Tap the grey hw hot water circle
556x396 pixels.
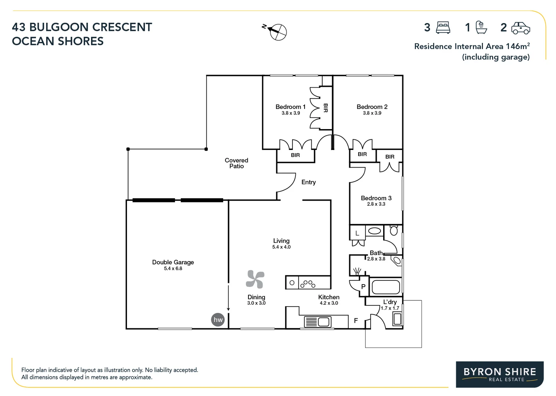[x=218, y=319]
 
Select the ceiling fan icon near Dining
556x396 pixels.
[x=255, y=279]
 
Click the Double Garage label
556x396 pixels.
[x=173, y=262]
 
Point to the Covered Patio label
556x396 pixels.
[x=236, y=163]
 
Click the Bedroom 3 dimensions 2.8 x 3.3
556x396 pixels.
[x=376, y=204]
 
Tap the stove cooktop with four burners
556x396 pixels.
[x=308, y=283]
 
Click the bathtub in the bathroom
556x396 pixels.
[x=386, y=287]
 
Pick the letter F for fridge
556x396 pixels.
[x=356, y=321]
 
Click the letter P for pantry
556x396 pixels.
[x=363, y=287]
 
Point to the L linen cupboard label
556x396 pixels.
[x=357, y=233]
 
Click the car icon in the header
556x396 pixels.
[x=521, y=28]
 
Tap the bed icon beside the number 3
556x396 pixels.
[x=443, y=28]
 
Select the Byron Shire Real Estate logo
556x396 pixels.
[x=499, y=374]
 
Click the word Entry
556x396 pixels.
[x=308, y=182]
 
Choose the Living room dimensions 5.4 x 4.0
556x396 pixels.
[x=281, y=247]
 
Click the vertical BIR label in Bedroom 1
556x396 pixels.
[x=325, y=108]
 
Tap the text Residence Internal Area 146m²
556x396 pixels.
[x=472, y=46]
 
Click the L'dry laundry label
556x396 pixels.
[x=390, y=302]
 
